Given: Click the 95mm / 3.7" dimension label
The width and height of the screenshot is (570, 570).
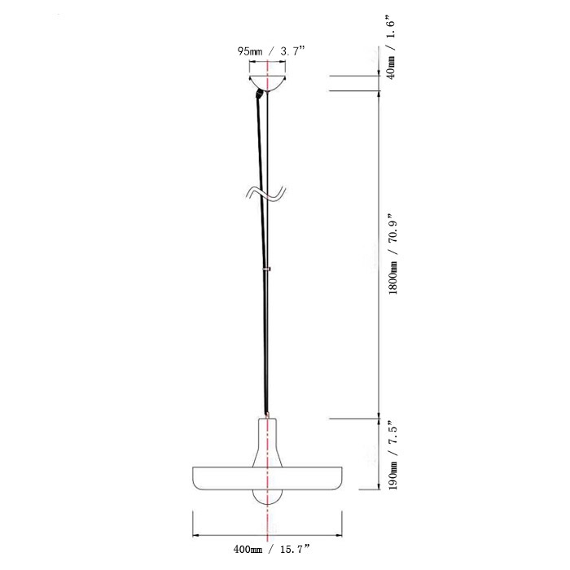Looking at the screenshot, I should coord(271,50).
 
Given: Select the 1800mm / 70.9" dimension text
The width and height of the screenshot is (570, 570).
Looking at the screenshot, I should coord(393,254).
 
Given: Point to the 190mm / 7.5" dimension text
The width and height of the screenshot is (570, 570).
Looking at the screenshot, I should coord(393,453).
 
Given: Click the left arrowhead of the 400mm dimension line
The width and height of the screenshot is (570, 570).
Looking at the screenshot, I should coord(195,535).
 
